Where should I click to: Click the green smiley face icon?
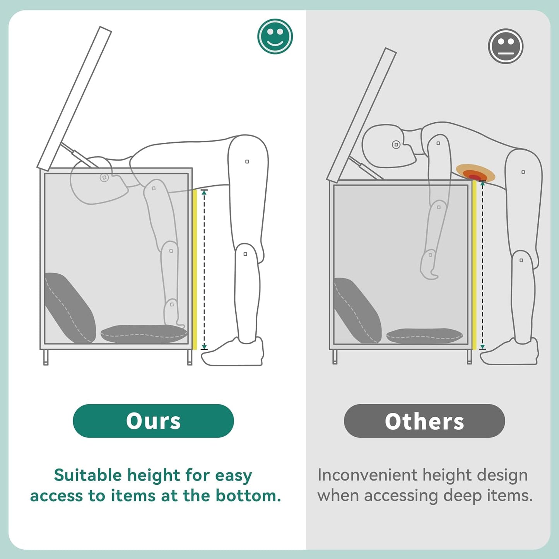pyautogui.click(x=275, y=36)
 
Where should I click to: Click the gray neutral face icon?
pyautogui.click(x=506, y=46)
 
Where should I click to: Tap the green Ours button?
pyautogui.click(x=153, y=421)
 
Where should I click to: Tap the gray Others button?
pyautogui.click(x=424, y=421)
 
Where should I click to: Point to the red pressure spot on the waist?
pyautogui.click(x=475, y=177)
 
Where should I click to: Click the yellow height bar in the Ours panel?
pyautogui.click(x=195, y=270)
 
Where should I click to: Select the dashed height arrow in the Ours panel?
pyautogui.click(x=204, y=270)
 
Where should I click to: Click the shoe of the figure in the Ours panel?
pyautogui.click(x=232, y=352)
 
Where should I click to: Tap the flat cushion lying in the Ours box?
pyautogui.click(x=144, y=334)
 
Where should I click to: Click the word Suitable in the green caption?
pyautogui.click(x=88, y=476)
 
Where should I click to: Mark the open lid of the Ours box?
pyautogui.click(x=74, y=98)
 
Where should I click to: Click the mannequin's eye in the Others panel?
pyautogui.click(x=396, y=144)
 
